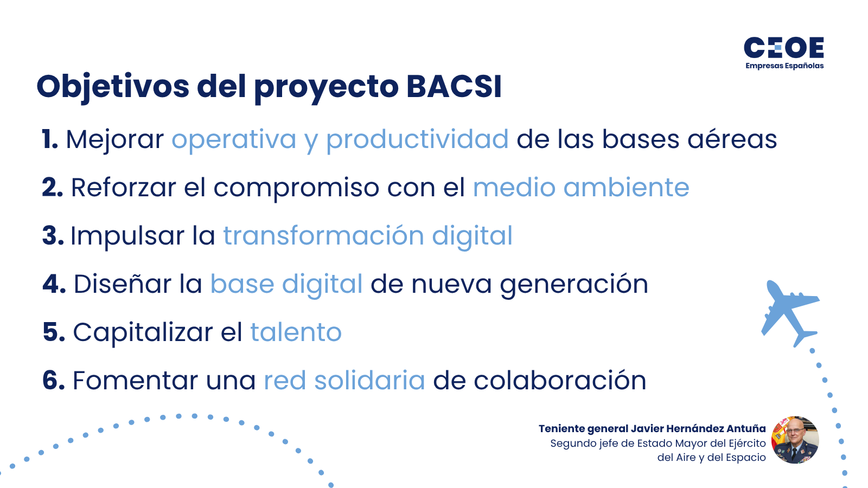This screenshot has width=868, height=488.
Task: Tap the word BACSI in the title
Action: [454, 86]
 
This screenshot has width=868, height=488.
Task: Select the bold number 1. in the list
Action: [50, 139]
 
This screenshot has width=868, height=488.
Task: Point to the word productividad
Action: [417, 139]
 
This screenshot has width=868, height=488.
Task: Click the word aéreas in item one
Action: [732, 139]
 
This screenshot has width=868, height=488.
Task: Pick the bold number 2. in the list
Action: [52, 188]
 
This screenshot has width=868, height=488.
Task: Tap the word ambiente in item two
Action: [626, 188]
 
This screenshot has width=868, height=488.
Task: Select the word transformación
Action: [323, 235]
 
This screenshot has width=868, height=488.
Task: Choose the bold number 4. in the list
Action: [54, 284]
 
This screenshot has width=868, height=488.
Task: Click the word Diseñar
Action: [123, 284]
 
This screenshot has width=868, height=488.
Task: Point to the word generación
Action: [574, 285]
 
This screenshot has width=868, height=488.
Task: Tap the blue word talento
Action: [296, 332]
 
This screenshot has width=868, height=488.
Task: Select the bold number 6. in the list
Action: [54, 380]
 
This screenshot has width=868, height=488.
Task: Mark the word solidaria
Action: [369, 380]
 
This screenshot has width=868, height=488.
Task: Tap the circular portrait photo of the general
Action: [795, 440]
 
